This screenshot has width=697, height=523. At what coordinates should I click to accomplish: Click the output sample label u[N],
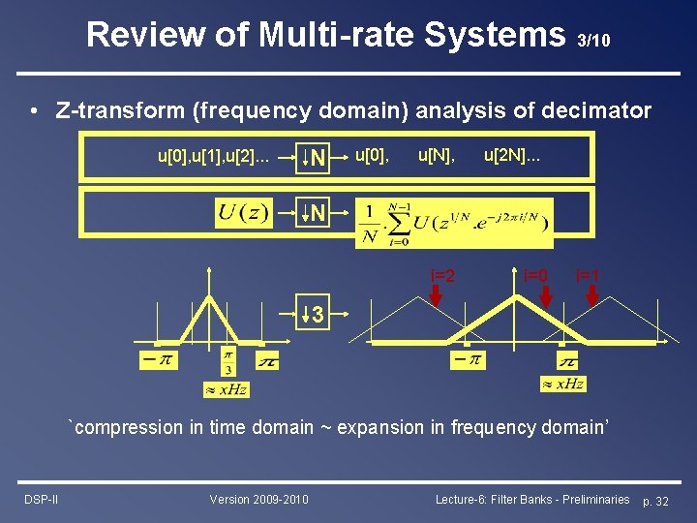[437, 154]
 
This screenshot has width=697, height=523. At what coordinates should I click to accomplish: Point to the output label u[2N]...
[512, 154]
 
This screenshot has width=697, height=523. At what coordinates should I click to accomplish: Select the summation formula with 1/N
[453, 223]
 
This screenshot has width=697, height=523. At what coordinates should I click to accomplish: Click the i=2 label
[442, 275]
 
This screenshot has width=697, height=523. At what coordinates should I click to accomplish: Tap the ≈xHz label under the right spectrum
[562, 385]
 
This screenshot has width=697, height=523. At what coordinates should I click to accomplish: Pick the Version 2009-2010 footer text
[258, 499]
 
